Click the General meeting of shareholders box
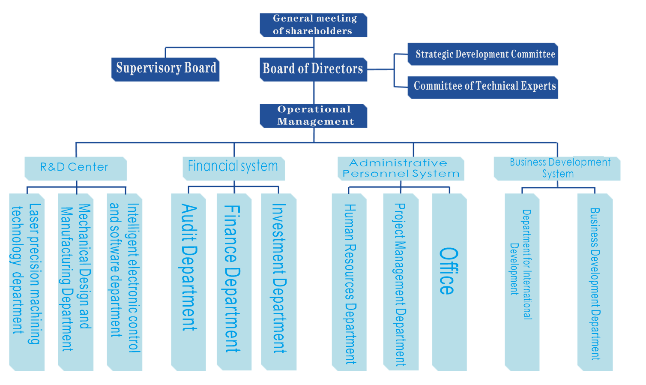coord(314,25)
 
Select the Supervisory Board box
coord(166,69)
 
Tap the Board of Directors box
coord(314,69)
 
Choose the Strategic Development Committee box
coord(483,54)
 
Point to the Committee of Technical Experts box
coord(483,87)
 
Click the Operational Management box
coord(314,116)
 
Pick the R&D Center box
coord(75,168)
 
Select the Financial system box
coord(234,168)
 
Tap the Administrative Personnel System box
coord(401,168)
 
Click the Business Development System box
coord(557,168)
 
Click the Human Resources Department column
coord(349,282)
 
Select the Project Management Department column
coord(401,282)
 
